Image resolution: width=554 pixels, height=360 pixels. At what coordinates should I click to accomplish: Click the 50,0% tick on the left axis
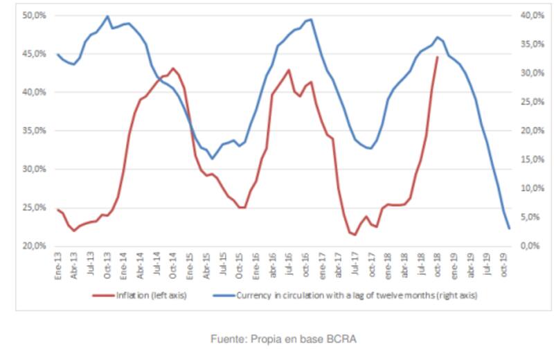(x=33, y=15)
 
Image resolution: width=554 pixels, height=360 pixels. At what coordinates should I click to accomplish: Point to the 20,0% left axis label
(x=33, y=246)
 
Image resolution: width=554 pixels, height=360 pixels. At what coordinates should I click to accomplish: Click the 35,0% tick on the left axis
(x=33, y=130)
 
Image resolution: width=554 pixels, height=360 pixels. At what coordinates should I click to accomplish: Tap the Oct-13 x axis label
(x=107, y=264)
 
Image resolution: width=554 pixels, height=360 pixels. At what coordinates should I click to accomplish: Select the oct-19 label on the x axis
(x=508, y=264)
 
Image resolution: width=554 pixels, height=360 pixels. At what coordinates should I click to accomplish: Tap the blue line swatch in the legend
(x=222, y=295)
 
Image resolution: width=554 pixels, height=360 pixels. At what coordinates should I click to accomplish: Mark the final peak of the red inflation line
(x=437, y=57)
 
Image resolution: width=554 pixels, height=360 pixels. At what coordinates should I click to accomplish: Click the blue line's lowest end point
(x=510, y=228)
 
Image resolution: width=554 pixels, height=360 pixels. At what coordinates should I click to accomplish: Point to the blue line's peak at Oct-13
(x=107, y=16)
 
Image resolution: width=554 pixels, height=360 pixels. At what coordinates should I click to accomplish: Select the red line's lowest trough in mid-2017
(x=355, y=235)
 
